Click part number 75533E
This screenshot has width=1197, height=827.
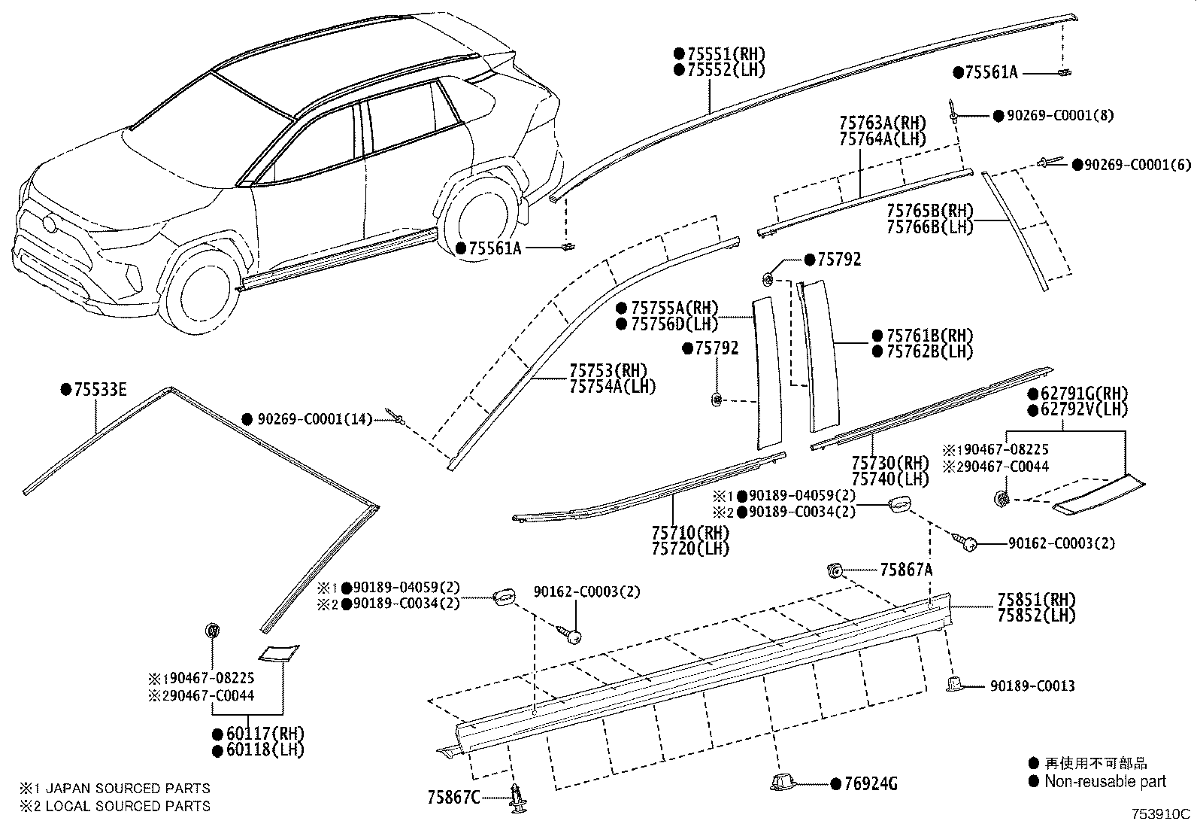pos(100,390)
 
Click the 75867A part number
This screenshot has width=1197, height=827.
pos(906,570)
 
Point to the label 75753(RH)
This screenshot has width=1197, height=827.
pos(608,371)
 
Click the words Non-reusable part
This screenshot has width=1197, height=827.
pos(1105,782)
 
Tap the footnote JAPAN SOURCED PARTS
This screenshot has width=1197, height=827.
pos(128,789)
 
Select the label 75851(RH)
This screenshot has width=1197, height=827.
pos(1036,600)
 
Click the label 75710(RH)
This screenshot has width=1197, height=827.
pos(690,533)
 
